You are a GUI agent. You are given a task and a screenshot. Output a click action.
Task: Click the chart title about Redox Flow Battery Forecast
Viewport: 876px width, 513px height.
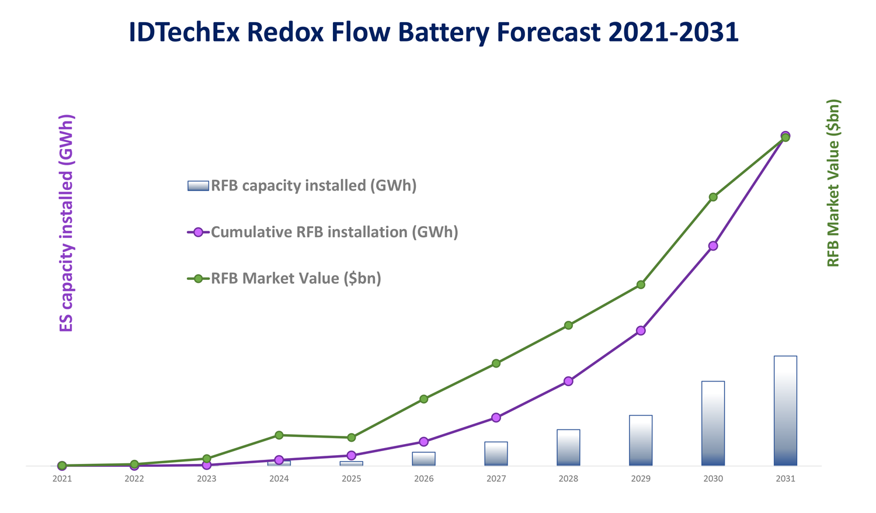pyautogui.click(x=433, y=32)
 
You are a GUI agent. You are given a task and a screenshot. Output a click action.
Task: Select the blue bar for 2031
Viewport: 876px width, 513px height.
pyautogui.click(x=785, y=411)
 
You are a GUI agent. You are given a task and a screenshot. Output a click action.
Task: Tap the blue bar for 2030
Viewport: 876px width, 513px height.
pyautogui.click(x=712, y=424)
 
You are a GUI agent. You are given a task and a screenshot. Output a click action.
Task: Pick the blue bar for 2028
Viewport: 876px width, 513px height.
pyautogui.click(x=568, y=448)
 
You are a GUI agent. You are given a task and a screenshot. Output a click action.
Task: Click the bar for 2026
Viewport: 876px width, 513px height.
pyautogui.click(x=423, y=459)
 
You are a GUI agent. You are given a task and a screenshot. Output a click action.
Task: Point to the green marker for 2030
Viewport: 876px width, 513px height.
pyautogui.click(x=713, y=197)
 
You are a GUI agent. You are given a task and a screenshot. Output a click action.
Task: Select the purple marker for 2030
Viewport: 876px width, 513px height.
pyautogui.click(x=713, y=246)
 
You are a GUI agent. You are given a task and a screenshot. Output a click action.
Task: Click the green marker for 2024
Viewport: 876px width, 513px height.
pyautogui.click(x=279, y=435)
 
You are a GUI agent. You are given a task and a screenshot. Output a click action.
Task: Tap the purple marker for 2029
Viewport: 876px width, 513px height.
pyautogui.click(x=641, y=331)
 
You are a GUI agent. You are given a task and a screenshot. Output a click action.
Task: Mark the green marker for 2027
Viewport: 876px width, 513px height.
pyautogui.click(x=496, y=363)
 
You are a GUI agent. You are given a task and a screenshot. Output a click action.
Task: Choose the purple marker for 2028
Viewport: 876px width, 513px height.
pyautogui.click(x=568, y=382)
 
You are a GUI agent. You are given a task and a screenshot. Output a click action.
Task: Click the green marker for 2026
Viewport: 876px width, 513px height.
pyautogui.click(x=424, y=399)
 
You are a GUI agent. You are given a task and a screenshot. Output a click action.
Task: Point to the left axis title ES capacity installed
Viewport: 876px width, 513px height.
pyautogui.click(x=67, y=223)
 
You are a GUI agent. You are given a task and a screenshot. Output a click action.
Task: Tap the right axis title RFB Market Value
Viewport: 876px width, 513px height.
pyautogui.click(x=833, y=183)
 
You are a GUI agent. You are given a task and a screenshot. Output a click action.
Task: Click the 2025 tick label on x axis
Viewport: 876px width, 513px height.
pyautogui.click(x=351, y=479)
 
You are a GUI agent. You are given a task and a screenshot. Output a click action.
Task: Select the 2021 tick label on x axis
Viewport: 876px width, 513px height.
pyautogui.click(x=62, y=479)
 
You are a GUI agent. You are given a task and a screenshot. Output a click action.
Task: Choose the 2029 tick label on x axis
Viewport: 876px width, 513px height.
pyautogui.click(x=641, y=479)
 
